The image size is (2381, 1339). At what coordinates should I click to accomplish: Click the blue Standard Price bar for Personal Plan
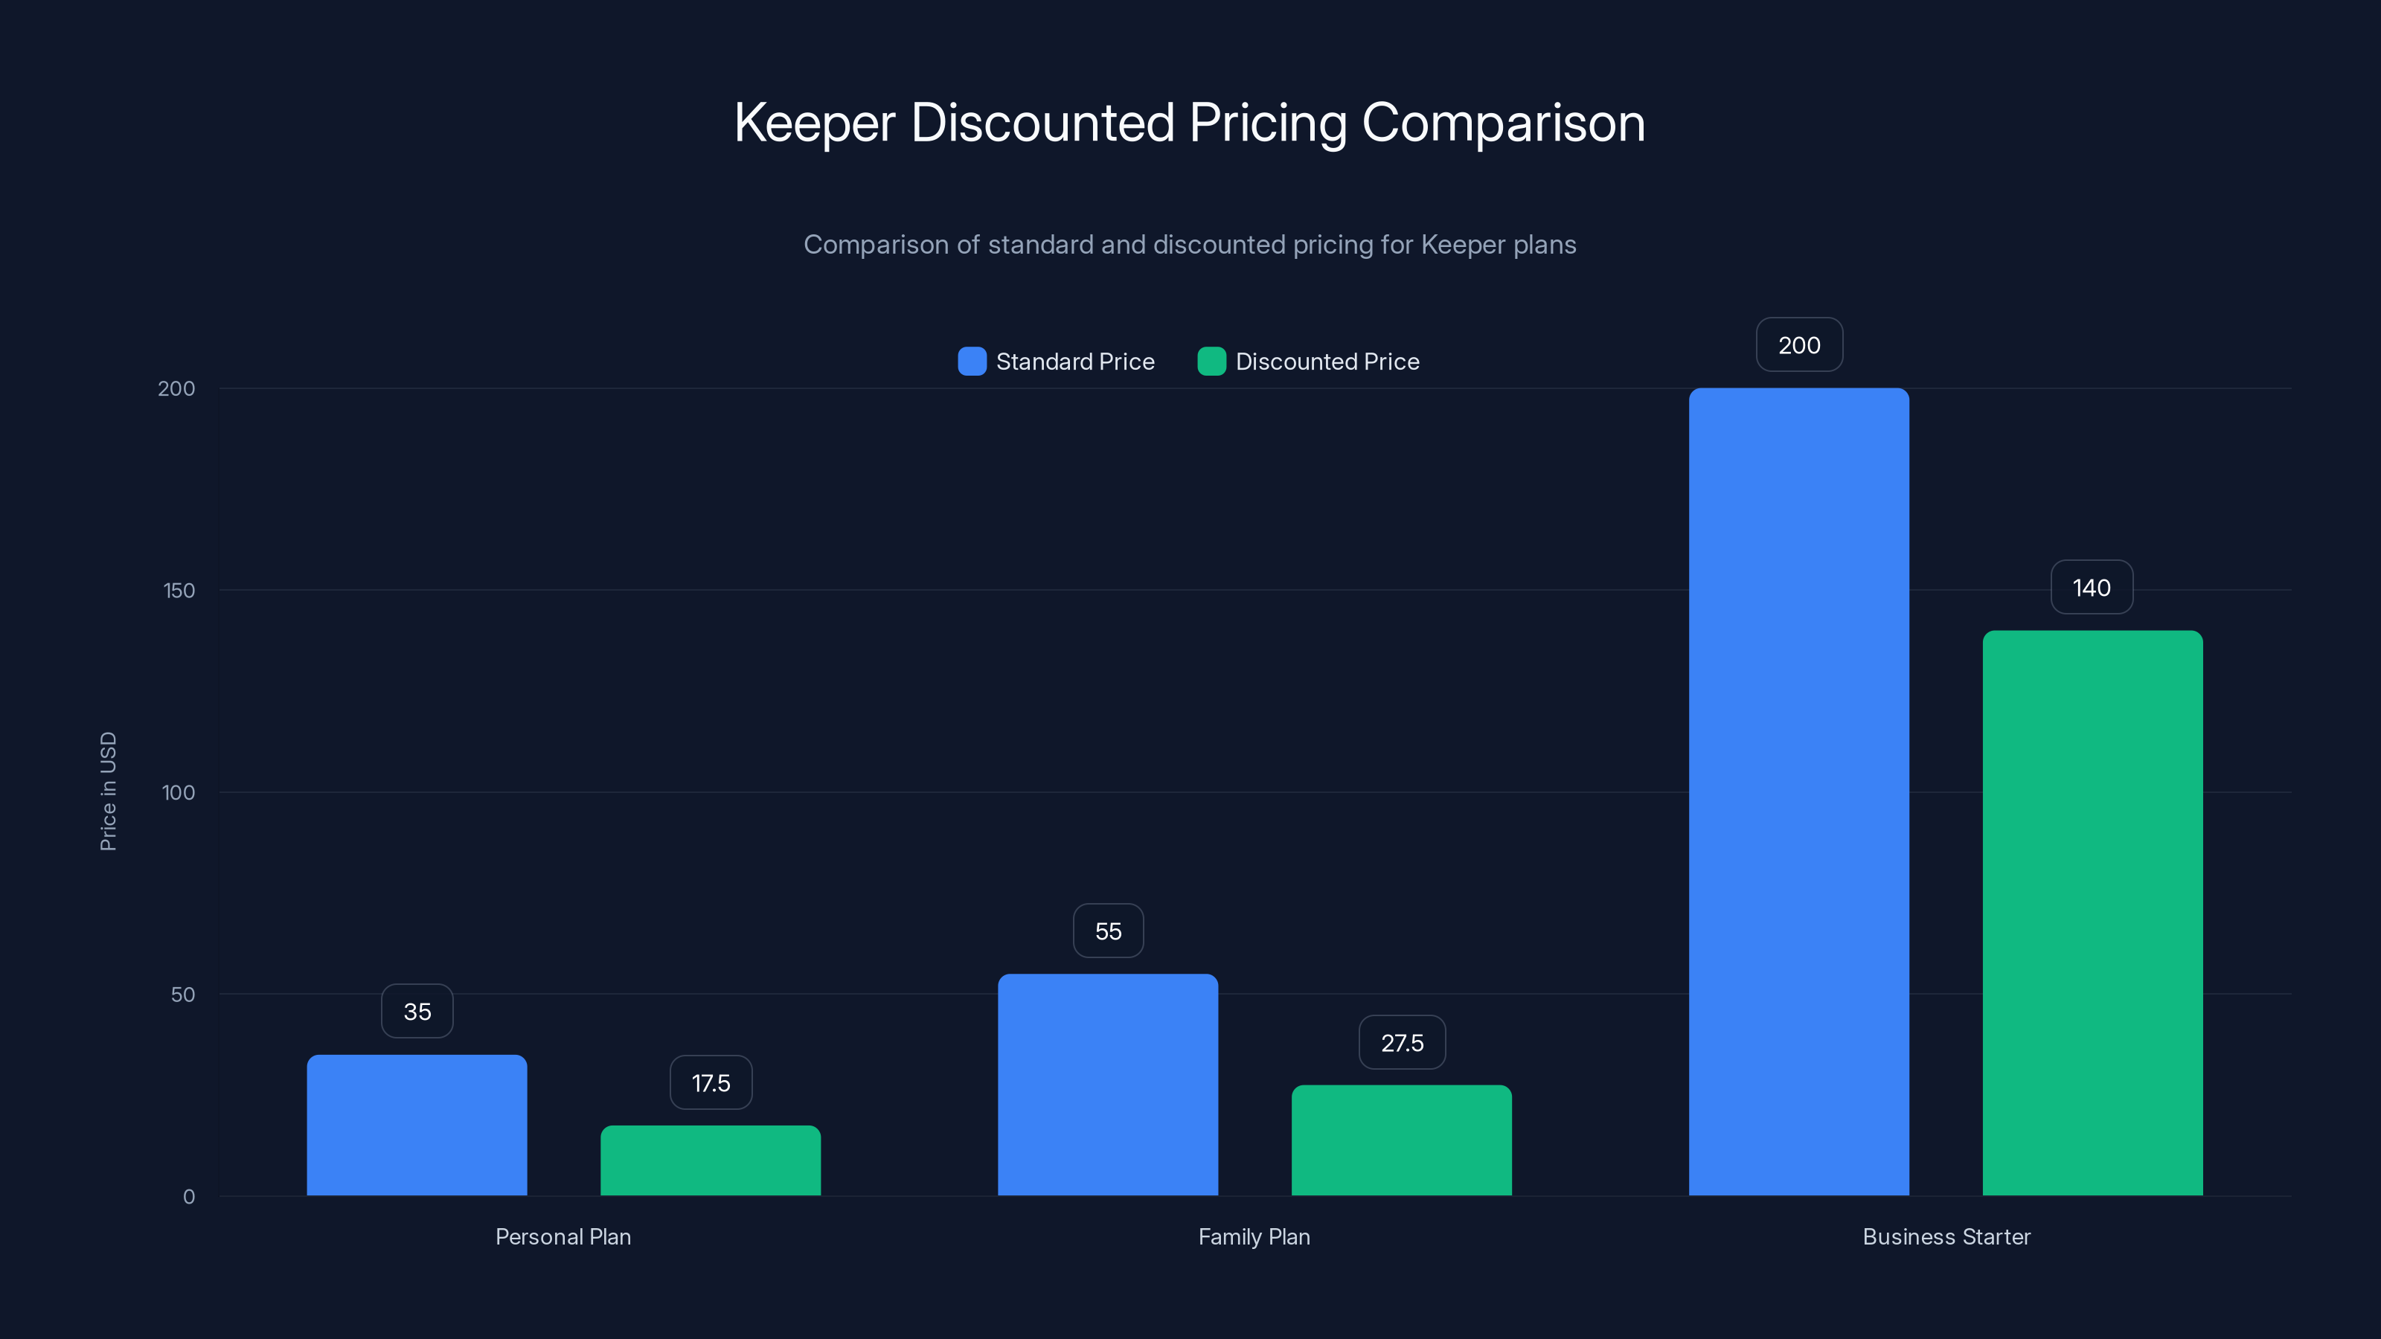(x=417, y=1125)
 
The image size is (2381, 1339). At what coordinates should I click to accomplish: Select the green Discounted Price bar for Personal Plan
(x=711, y=1160)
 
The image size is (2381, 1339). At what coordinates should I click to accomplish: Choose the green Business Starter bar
(x=2092, y=912)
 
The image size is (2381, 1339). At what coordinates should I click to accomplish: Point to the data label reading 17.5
(x=711, y=1083)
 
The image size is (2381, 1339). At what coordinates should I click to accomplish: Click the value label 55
(x=1108, y=931)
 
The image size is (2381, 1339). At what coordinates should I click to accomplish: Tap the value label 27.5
(x=1402, y=1042)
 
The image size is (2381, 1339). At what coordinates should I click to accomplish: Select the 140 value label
(x=2092, y=588)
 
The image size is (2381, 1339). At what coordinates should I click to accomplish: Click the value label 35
(x=417, y=1011)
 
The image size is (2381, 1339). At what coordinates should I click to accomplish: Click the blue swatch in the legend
(x=972, y=362)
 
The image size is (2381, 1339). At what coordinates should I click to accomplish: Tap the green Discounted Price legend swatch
(x=1211, y=362)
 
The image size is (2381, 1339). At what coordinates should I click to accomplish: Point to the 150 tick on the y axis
(x=179, y=591)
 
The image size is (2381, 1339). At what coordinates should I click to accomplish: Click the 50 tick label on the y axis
(x=183, y=995)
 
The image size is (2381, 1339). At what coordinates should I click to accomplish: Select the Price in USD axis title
(x=108, y=791)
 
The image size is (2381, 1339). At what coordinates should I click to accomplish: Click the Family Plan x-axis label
(x=1253, y=1236)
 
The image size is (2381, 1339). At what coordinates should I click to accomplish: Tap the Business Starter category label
(x=1946, y=1236)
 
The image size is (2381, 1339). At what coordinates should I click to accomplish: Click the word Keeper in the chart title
(x=814, y=123)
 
